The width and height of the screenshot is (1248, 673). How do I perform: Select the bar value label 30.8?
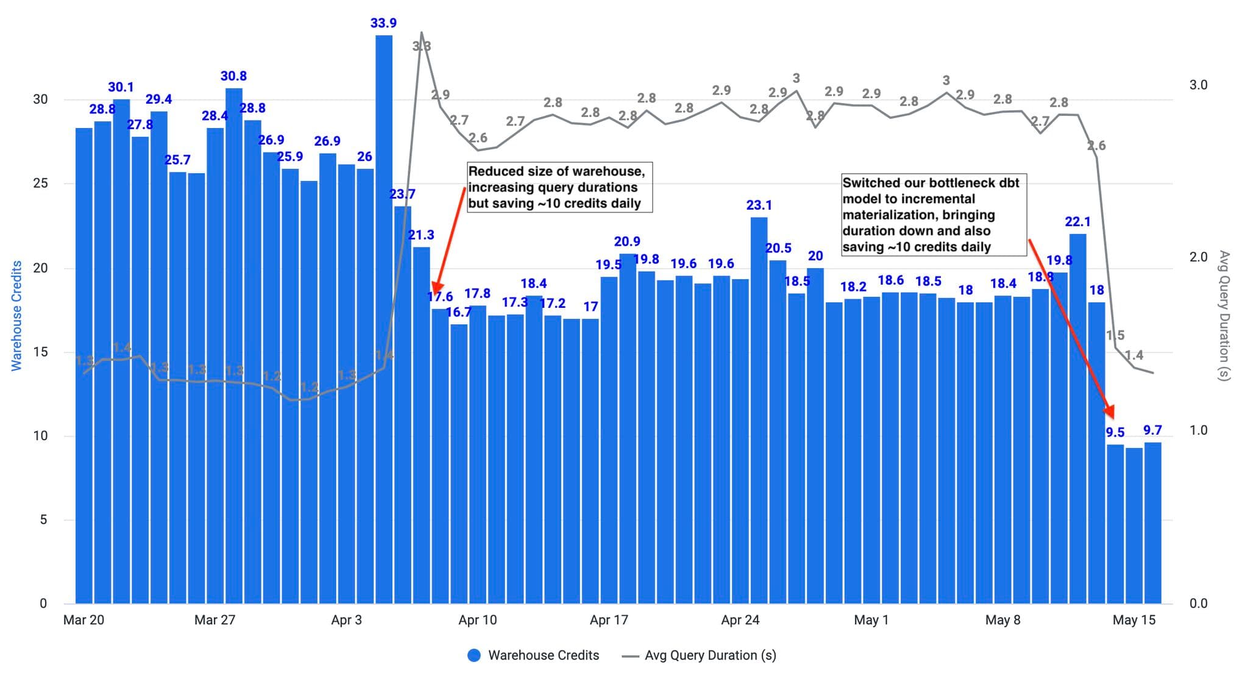(x=233, y=76)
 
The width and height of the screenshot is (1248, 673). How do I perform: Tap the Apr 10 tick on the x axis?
(x=477, y=620)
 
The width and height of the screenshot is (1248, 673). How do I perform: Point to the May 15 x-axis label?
(x=1133, y=620)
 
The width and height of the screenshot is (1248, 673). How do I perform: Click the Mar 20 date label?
(x=83, y=620)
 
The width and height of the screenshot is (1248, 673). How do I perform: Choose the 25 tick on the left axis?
(x=40, y=183)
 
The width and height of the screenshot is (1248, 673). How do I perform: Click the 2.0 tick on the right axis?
(x=1198, y=257)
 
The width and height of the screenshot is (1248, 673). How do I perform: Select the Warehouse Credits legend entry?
(x=533, y=655)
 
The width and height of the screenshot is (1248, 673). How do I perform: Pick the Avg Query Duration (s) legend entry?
(x=699, y=655)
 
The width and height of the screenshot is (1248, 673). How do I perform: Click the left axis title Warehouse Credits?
(x=16, y=316)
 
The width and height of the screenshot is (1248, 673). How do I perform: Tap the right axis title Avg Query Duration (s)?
(x=1224, y=316)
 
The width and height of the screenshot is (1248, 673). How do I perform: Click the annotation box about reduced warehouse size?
(x=559, y=187)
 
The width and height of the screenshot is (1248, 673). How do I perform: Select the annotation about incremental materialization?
(x=934, y=215)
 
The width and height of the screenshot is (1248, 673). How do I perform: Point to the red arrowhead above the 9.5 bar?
(x=1110, y=412)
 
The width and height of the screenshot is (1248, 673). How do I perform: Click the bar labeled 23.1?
(x=759, y=408)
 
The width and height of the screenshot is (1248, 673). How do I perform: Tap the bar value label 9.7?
(x=1152, y=430)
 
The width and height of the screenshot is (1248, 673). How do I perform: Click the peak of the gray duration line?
(x=422, y=33)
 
